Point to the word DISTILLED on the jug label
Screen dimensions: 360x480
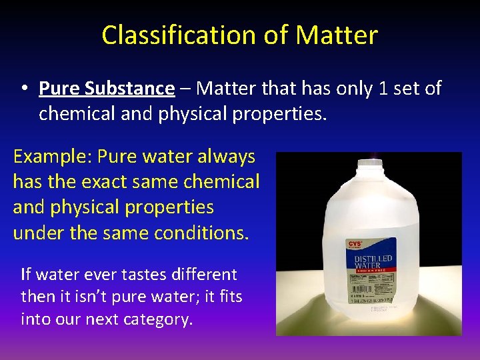tap(373, 259)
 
